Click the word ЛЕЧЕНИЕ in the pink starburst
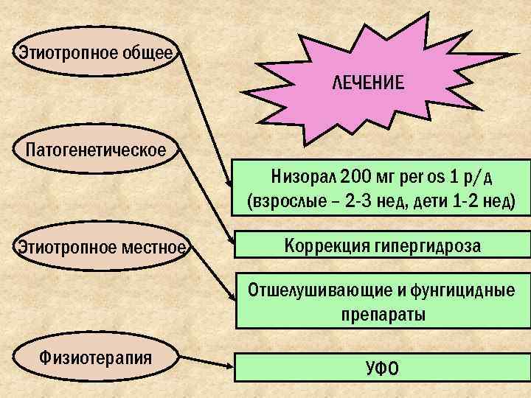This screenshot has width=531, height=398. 367,83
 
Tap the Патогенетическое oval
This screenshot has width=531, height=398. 95,150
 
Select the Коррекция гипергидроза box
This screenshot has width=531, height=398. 381,245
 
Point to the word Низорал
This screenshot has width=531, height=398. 302,178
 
